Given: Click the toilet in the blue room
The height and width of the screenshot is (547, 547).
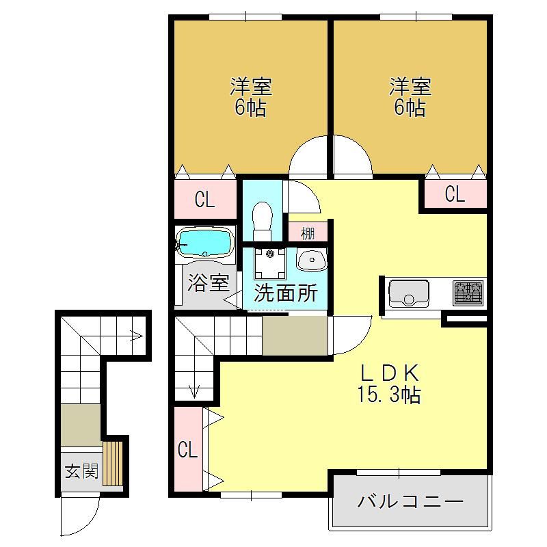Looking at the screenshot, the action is tap(263, 221).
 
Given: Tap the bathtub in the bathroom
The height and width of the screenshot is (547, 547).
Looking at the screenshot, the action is tap(204, 243).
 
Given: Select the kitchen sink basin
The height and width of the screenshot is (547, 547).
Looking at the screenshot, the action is tap(408, 293).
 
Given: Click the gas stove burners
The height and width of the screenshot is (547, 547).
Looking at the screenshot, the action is tap(468, 293).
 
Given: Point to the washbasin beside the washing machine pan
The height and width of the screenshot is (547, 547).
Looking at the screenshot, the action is tap(312, 260).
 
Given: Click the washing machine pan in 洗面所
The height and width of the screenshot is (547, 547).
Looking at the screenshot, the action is tap(270, 263).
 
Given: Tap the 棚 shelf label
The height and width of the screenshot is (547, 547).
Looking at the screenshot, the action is tap(308, 233).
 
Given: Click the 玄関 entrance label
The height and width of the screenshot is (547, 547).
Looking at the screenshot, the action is tap(81, 471).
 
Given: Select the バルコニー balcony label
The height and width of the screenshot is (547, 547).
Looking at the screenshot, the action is tap(410, 502).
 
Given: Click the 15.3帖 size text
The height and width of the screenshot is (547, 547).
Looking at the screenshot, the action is tap(388, 395).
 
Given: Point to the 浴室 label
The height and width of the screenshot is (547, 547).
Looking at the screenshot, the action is tap(209, 282).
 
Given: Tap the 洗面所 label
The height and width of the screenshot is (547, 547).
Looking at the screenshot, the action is tap(286, 293).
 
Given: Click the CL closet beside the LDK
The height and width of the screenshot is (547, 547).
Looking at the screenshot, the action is tap(187, 449).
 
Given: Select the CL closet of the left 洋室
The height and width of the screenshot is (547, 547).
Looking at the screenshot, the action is tap(204, 200).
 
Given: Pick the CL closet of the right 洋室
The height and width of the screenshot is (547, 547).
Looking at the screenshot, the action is tap(455, 194).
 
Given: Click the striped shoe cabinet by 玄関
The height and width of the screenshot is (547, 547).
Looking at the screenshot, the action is tap(113, 464).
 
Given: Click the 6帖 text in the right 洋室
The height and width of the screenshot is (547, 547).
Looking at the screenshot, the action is tap(410, 107).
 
